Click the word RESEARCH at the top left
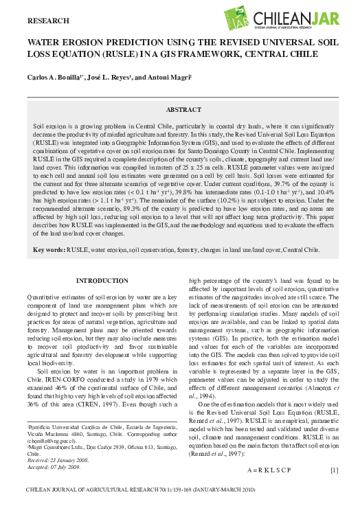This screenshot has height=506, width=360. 48,21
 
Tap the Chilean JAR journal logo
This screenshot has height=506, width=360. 284,21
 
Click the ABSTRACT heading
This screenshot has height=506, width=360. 183,110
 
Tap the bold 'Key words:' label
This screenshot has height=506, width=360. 50,251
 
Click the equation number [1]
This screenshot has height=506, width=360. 335,450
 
